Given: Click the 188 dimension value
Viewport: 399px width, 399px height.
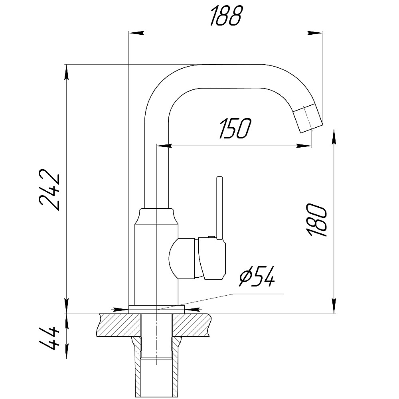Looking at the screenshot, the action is pos(225,16).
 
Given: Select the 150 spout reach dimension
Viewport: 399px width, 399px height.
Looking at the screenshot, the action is pos(235,129).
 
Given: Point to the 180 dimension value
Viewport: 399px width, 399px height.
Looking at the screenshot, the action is pos(316,220).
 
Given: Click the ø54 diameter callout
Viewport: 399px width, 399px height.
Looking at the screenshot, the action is pos(257,277).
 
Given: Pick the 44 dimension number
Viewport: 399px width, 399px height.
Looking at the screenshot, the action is pos(49,338).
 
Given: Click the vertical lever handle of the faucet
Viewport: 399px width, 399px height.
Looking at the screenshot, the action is pos(219,208).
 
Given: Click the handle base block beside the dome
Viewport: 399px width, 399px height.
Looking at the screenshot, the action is pos(212,258).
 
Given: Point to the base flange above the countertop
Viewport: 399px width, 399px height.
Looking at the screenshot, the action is pos(156,310).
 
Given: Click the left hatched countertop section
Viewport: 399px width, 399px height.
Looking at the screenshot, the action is pos(119,325).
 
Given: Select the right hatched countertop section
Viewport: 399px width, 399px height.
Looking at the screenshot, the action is pos(193,325).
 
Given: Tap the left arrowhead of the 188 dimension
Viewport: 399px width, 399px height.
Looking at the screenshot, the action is pos(136,33).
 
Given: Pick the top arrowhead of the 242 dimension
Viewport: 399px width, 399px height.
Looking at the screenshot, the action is pos(67,72).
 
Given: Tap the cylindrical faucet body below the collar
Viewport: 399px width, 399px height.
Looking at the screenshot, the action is pos(156,265).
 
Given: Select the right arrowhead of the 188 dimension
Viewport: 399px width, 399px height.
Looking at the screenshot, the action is pos(315,33).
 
